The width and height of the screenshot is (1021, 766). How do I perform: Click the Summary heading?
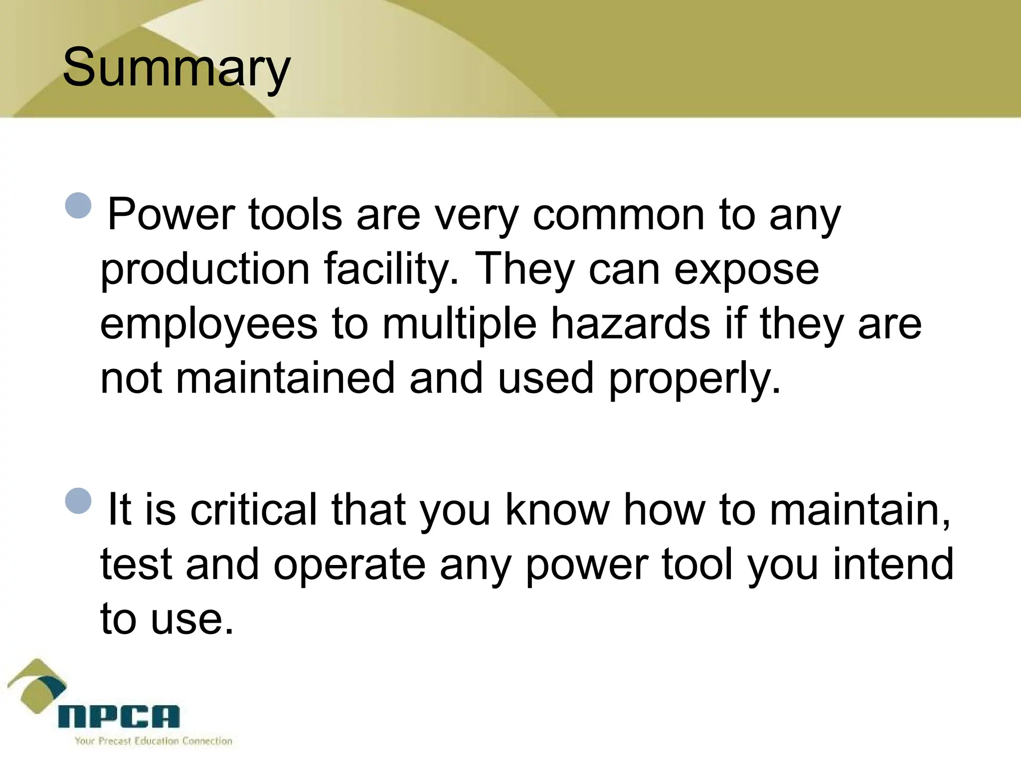(x=176, y=68)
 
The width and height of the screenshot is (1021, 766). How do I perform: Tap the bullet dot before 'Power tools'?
(x=78, y=205)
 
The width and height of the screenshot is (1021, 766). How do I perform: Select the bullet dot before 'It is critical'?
(x=78, y=500)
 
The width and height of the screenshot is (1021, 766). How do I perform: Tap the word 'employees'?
(x=209, y=324)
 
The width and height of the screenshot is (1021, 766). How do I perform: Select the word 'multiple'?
(x=459, y=324)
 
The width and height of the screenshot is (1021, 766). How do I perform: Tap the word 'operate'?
(x=349, y=565)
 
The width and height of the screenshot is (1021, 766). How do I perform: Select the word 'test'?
(x=136, y=565)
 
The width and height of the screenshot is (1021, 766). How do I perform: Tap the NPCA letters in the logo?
(x=119, y=717)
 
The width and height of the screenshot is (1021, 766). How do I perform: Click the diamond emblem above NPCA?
(x=37, y=686)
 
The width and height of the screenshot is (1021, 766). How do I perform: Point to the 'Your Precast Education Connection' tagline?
(x=154, y=741)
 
